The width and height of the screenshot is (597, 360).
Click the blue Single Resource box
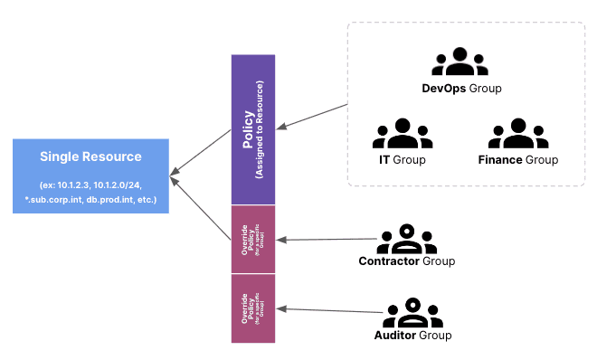pyautogui.click(x=90, y=176)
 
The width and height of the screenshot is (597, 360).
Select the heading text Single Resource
pyautogui.click(x=90, y=156)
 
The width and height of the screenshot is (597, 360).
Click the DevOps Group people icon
pyautogui.click(x=461, y=62)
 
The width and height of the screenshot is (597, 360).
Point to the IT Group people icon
pyautogui.click(x=403, y=134)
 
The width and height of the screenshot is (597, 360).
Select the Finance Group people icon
pyautogui.click(x=517, y=134)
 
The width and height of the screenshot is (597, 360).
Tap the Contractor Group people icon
pyautogui.click(x=406, y=239)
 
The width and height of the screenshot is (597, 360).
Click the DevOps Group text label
pyautogui.click(x=461, y=89)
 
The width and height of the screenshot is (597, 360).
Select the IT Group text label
pyautogui.click(x=402, y=160)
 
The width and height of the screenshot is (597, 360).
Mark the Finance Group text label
pyautogui.click(x=517, y=160)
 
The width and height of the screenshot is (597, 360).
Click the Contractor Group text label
pyautogui.click(x=406, y=261)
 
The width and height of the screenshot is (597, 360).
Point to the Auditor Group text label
pyautogui.click(x=412, y=336)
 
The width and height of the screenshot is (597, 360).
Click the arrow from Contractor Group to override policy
pyautogui.click(x=326, y=240)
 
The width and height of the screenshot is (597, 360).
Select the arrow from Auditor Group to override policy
pyautogui.click(x=330, y=310)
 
